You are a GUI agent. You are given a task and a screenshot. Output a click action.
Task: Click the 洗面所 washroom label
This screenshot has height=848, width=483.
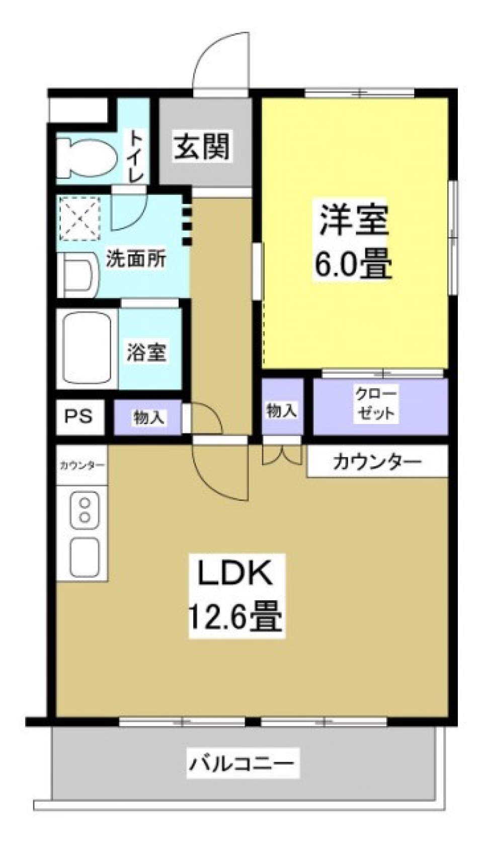[135, 259]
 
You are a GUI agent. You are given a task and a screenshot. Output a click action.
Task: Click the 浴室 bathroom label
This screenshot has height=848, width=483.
[146, 351]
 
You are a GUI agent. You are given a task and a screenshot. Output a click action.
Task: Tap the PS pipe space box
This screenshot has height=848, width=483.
[79, 416]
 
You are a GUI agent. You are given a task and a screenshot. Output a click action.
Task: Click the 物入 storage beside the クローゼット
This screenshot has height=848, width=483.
[282, 410]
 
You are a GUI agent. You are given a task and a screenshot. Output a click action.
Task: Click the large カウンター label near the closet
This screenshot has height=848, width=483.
[377, 461]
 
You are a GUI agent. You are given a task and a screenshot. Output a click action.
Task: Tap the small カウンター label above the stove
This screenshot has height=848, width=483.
[82, 465]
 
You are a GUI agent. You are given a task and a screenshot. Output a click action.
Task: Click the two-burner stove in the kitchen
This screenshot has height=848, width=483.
[85, 510]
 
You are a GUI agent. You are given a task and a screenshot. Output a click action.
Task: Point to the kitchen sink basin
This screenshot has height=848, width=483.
[84, 556]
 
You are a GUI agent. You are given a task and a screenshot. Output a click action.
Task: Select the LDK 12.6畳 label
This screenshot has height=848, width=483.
[235, 596]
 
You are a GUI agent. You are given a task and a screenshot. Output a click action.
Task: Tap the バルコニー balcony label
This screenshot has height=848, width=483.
[241, 763]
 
